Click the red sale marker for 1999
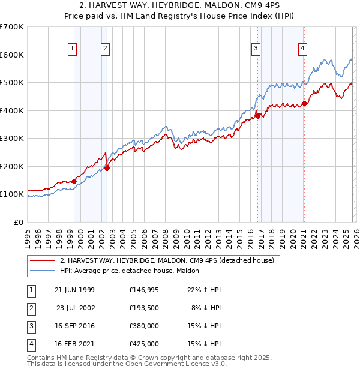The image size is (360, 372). tap(74, 181)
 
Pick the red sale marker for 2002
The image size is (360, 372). tap(107, 168)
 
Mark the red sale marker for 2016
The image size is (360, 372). tap(257, 116)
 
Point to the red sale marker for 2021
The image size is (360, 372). tap(304, 103)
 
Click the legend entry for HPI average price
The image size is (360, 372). tap(133, 271)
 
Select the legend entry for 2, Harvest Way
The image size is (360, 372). tap(167, 260)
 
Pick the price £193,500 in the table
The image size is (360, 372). tap(143, 308)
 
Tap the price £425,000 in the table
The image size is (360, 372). tap(143, 344)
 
